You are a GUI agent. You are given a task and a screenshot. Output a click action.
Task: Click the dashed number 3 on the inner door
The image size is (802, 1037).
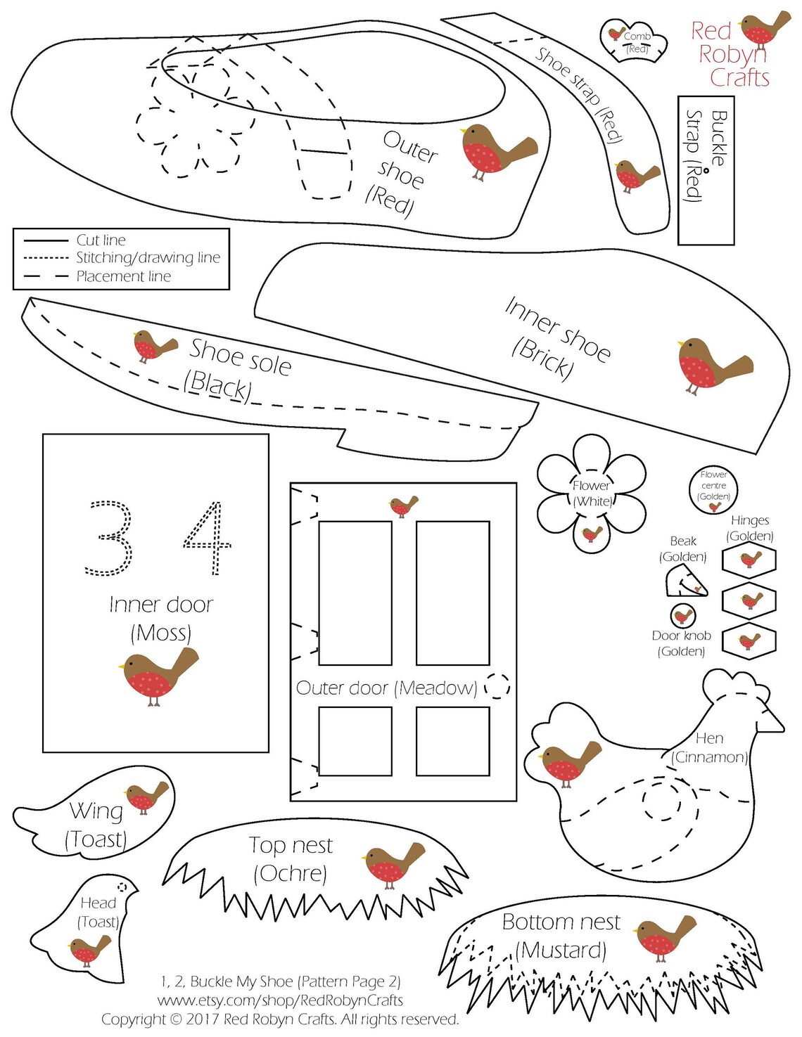tap(108, 538)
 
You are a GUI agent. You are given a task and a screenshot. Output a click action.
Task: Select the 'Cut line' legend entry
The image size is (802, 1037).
tap(101, 240)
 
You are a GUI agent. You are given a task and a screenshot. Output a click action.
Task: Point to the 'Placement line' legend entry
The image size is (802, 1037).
tap(123, 277)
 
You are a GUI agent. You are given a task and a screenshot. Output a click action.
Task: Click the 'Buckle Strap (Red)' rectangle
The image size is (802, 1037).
tap(706, 170)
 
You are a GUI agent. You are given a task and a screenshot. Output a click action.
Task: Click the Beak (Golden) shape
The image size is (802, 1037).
tap(685, 581)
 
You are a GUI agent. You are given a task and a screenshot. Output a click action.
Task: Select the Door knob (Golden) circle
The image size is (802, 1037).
tap(682, 615)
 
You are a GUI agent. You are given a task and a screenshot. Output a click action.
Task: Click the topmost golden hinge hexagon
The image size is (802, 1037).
tap(750, 560)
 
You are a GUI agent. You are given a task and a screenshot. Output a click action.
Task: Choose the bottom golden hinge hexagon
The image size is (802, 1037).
tap(750, 640)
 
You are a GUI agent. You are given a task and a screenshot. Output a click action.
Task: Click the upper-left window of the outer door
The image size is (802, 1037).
tap(355, 593)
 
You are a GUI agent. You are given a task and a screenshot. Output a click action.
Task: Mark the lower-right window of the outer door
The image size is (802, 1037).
tap(452, 740)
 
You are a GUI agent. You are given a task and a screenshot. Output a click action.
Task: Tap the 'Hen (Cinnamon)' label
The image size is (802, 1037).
tap(709, 747)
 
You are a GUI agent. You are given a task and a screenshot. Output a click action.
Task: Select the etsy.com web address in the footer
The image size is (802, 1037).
tap(281, 1000)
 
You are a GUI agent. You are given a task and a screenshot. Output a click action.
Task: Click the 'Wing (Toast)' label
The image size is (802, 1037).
tap(96, 825)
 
